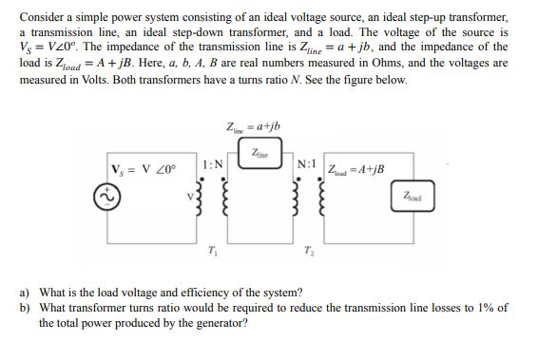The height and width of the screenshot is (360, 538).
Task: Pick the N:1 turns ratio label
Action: click(307, 163)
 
